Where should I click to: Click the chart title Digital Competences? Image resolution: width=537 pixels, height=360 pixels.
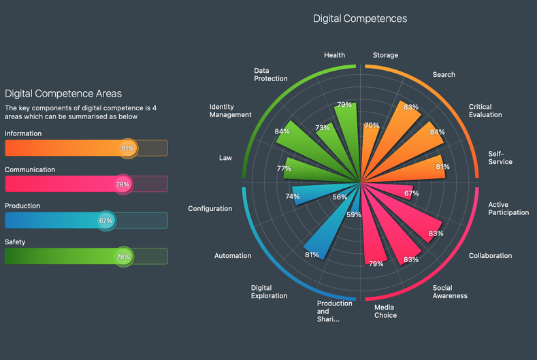pyautogui.click(x=360, y=18)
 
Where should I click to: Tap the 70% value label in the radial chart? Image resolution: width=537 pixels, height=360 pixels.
pyautogui.click(x=372, y=126)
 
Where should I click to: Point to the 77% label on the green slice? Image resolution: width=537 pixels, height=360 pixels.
pyautogui.click(x=284, y=167)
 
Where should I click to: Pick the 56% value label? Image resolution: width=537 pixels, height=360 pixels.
pyautogui.click(x=340, y=197)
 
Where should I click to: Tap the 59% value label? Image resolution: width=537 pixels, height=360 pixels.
pyautogui.click(x=354, y=214)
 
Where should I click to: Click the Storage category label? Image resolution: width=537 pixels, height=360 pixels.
pyautogui.click(x=385, y=55)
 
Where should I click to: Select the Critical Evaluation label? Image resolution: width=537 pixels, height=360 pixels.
pyautogui.click(x=485, y=110)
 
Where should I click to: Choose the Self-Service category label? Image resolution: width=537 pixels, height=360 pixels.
pyautogui.click(x=500, y=158)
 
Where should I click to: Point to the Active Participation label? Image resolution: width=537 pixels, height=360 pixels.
pyautogui.click(x=508, y=208)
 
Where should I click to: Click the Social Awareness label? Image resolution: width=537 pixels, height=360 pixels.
pyautogui.click(x=450, y=292)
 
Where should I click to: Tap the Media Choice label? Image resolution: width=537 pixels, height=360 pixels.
pyautogui.click(x=385, y=311)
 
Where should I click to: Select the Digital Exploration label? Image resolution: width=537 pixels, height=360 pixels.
pyautogui.click(x=269, y=292)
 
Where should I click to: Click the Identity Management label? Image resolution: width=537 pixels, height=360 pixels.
pyautogui.click(x=230, y=111)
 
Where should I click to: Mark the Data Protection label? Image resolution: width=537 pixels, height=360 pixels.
pyautogui.click(x=270, y=74)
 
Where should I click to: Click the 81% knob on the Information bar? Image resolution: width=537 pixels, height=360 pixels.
pyautogui.click(x=127, y=148)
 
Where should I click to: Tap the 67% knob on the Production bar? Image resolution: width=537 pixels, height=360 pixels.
pyautogui.click(x=105, y=220)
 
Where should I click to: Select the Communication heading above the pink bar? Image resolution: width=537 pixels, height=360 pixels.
pyautogui.click(x=30, y=169)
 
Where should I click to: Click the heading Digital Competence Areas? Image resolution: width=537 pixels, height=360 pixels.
pyautogui.click(x=63, y=93)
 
